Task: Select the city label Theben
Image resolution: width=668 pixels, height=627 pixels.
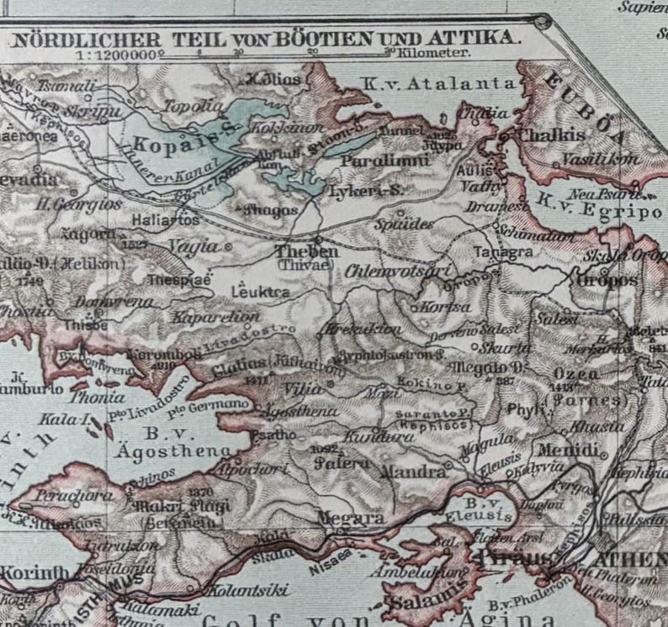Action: (x=308, y=251)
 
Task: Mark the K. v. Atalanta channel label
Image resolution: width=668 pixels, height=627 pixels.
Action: (x=437, y=82)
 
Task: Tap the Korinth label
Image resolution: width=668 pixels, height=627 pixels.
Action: (x=33, y=573)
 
